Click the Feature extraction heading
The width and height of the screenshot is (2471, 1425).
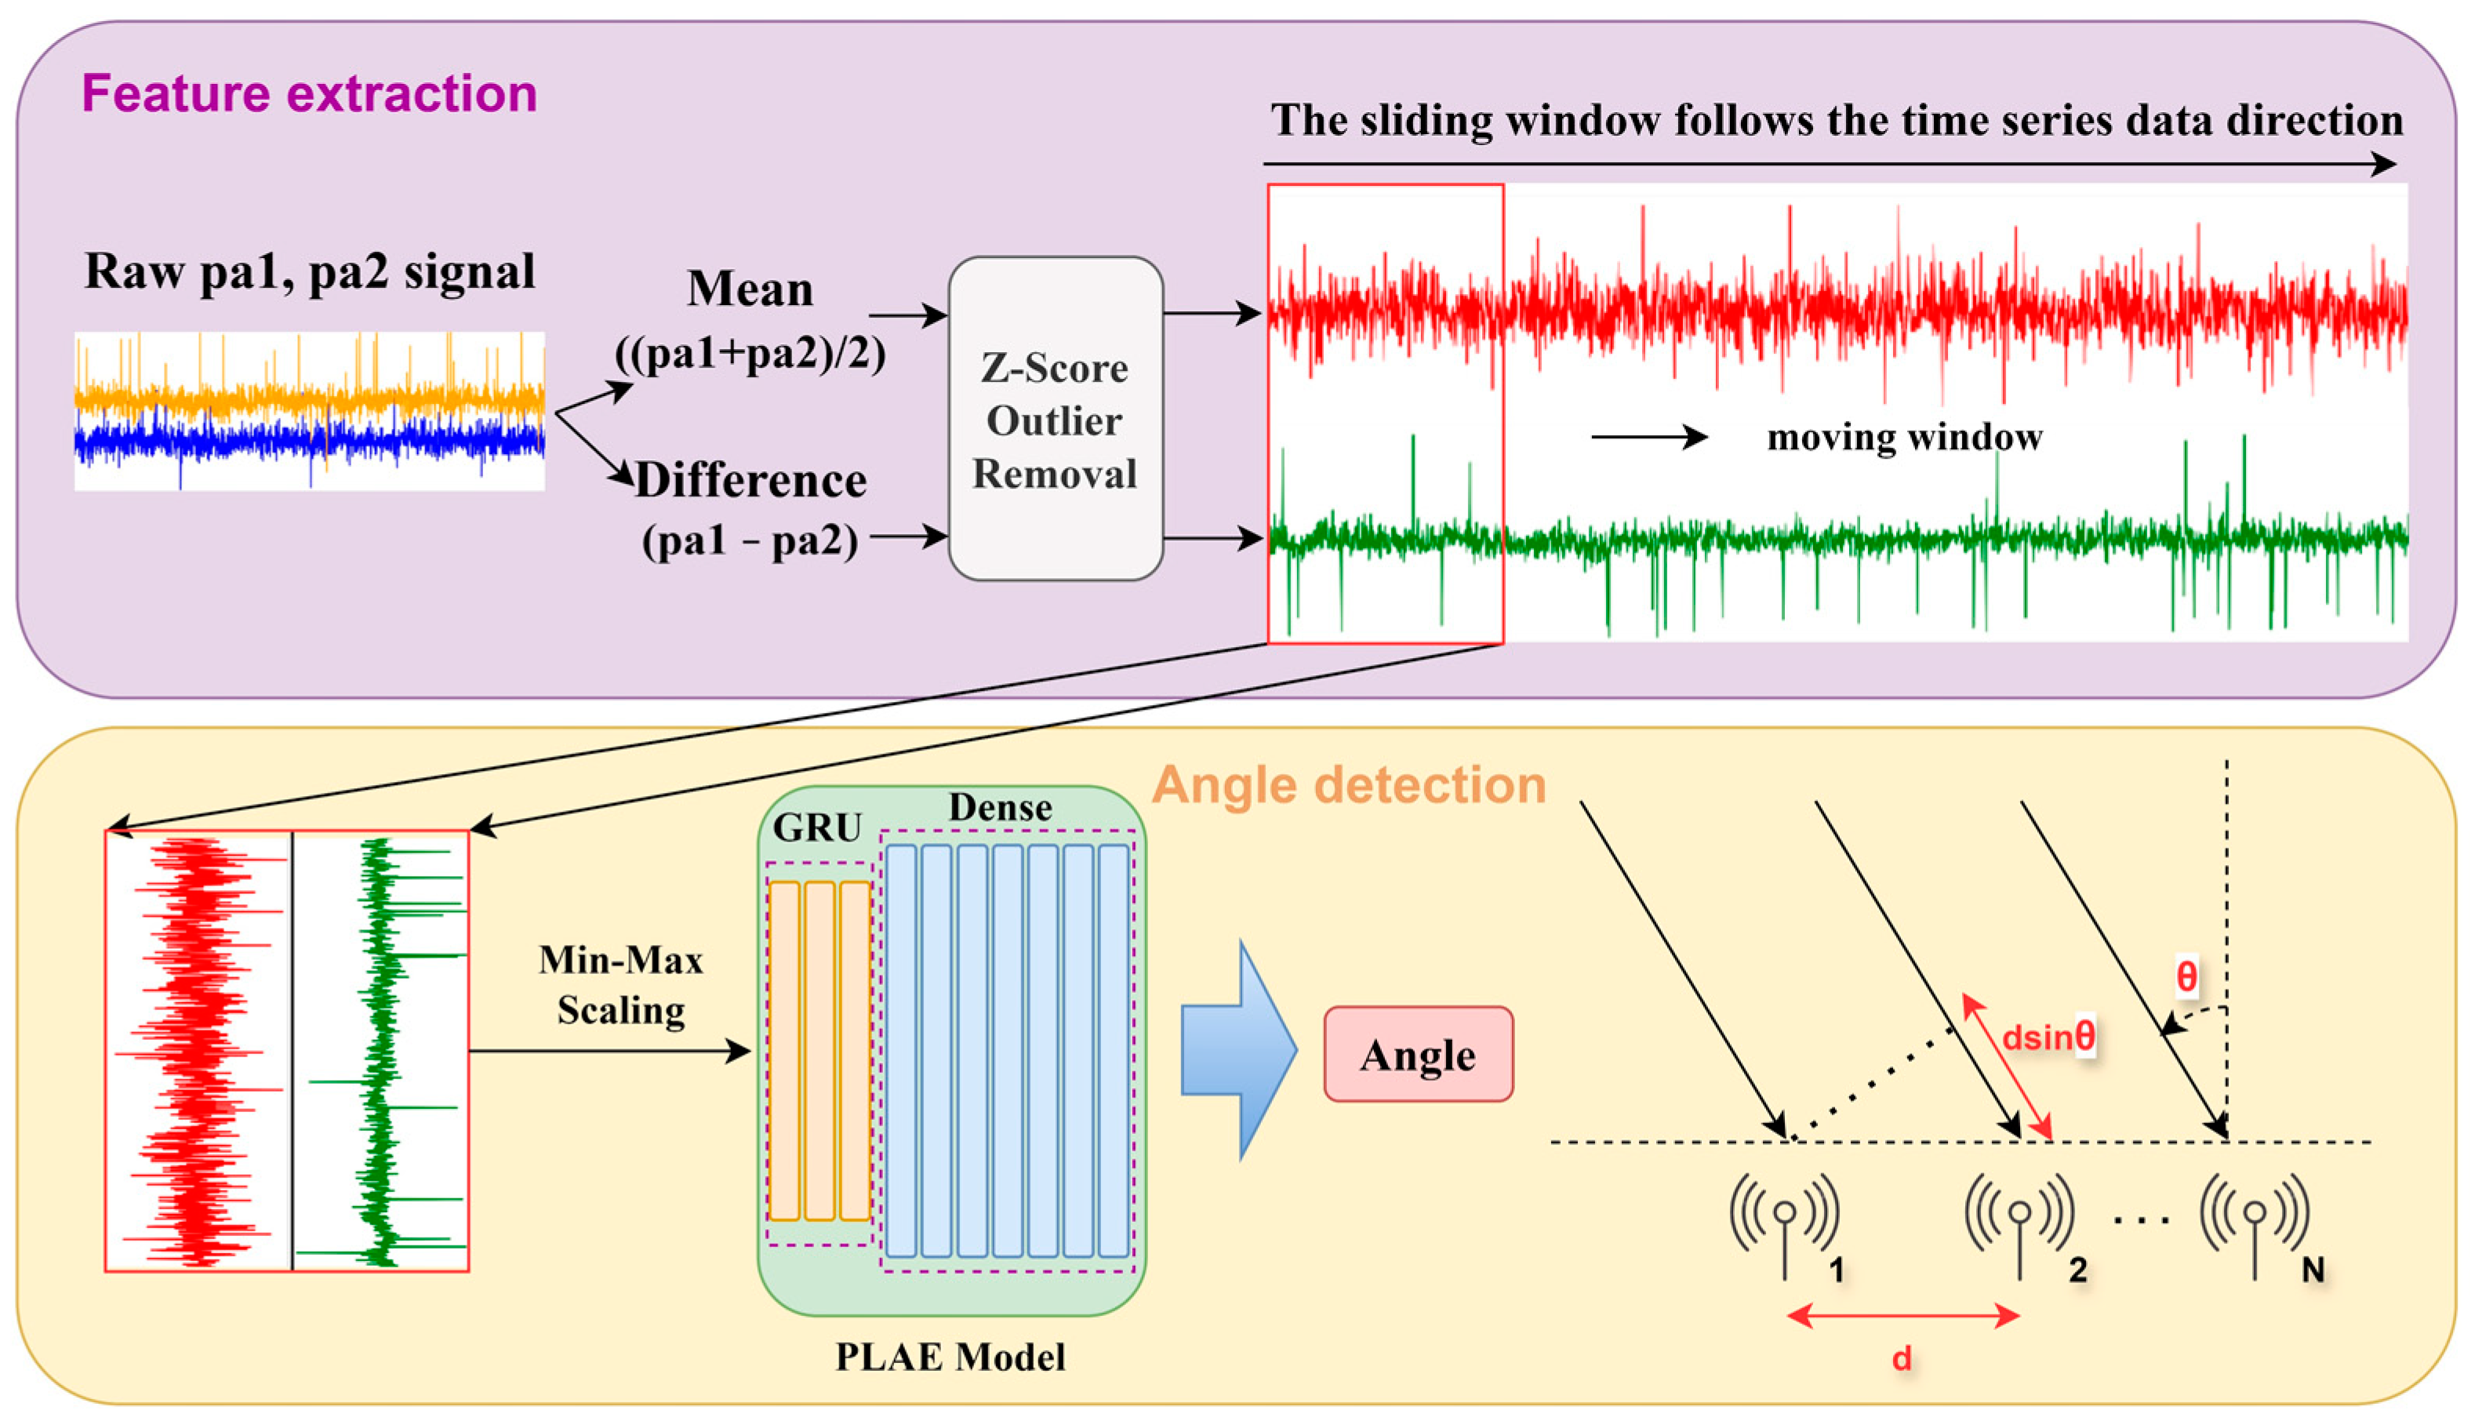click(309, 94)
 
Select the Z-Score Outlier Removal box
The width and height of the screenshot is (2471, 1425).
click(1055, 419)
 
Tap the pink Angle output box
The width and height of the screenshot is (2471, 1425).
click(1418, 1054)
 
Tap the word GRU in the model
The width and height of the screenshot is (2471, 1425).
click(817, 828)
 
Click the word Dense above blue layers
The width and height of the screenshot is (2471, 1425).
click(1000, 808)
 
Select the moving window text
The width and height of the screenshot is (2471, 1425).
click(1904, 438)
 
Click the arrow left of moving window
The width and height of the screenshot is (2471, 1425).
click(1649, 437)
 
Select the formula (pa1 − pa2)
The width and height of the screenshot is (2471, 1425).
click(750, 540)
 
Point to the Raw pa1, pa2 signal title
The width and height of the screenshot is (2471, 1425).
click(309, 272)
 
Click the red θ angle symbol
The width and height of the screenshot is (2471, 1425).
click(2186, 976)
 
